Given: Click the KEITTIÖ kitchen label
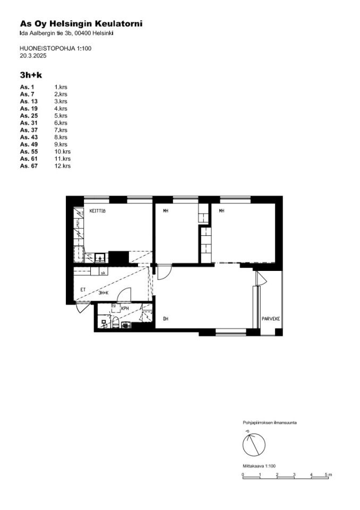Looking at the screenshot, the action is point(98,211).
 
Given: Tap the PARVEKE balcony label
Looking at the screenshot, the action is point(271,319).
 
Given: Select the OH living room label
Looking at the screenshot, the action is point(166,319).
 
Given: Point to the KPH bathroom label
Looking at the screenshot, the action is point(125,308).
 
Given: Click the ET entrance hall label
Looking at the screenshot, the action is point(83,290).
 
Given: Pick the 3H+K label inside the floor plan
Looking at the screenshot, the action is point(104,293).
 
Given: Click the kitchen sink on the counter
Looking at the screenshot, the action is point(100,257).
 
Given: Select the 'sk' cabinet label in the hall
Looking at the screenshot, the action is point(103,273).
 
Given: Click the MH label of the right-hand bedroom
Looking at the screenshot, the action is point(221,211).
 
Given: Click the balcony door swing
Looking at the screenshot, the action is point(261,278).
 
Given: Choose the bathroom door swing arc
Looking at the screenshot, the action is point(124,294).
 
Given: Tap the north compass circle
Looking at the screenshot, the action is point(254,444).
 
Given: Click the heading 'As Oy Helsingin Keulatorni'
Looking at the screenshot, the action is point(81,24).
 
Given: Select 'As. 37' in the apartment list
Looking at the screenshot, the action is point(29,130).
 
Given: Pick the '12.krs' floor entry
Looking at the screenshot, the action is point(63,166).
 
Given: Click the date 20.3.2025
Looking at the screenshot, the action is point(33,56).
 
